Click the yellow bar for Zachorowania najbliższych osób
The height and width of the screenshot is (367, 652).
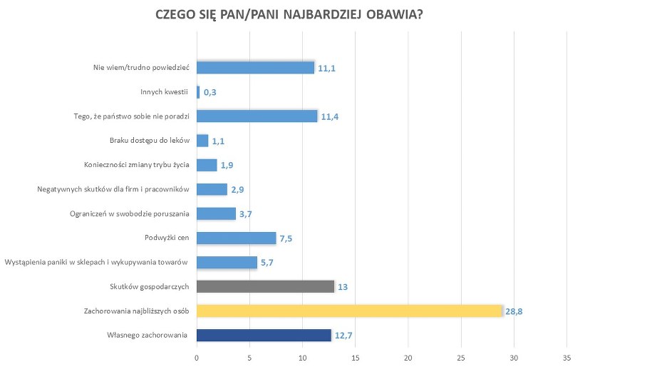click(349, 311)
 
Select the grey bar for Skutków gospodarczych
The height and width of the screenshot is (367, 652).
click(265, 286)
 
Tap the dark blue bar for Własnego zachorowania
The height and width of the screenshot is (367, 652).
click(264, 335)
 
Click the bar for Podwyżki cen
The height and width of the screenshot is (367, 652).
click(236, 238)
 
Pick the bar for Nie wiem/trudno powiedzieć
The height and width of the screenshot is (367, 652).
click(255, 68)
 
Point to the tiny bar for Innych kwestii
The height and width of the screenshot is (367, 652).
click(198, 92)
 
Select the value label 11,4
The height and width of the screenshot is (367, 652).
click(329, 117)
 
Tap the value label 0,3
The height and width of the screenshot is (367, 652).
click(210, 93)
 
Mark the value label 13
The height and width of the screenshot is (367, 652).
click(342, 287)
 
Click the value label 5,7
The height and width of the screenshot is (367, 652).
click(268, 263)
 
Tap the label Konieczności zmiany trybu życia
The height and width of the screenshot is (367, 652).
click(136, 165)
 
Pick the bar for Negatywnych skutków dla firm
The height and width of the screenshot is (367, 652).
click(212, 189)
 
